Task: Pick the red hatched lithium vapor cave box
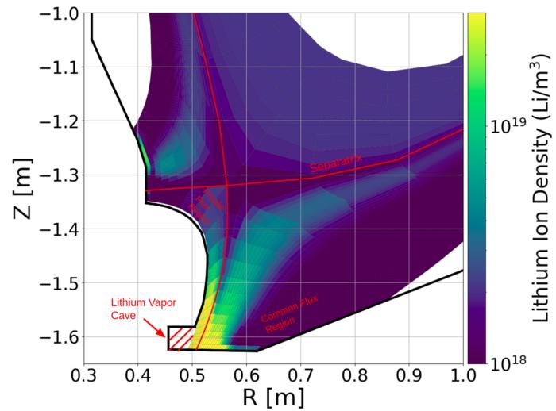[181, 338]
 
